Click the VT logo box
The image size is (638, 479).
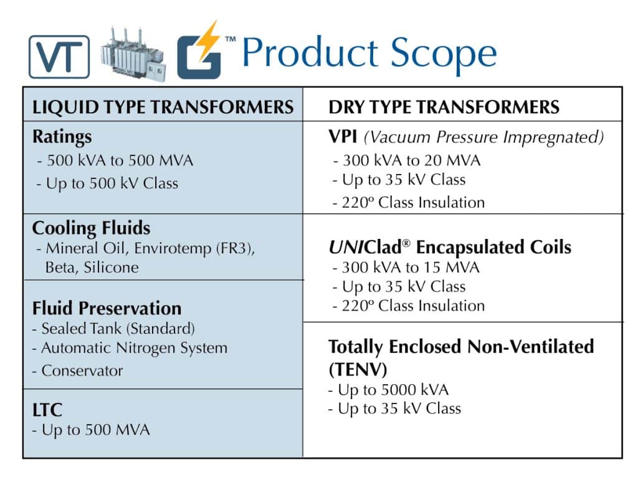coord(59,56)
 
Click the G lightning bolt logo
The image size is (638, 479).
coord(201,53)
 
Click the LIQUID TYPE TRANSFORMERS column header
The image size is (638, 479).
coord(163,107)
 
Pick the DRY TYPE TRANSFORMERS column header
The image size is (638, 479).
coord(444,107)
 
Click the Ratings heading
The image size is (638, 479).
coord(62,137)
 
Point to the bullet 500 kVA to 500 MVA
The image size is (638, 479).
coord(115,160)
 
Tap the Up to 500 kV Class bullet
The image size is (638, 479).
coord(107,183)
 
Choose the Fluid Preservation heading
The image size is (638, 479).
coord(107,308)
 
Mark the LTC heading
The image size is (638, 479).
coord(47,410)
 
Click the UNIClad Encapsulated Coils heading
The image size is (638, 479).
coord(449,247)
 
